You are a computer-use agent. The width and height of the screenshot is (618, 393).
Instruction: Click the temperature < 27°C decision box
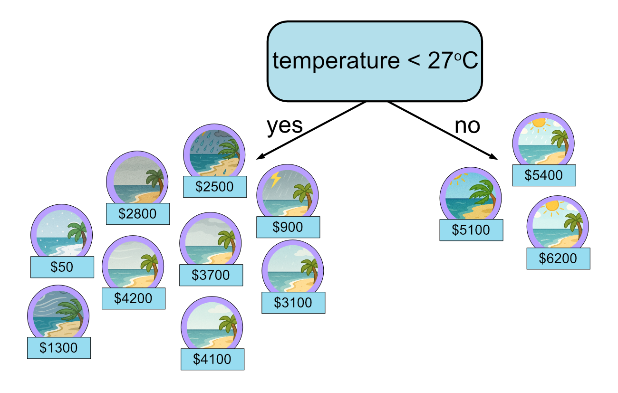click(375, 61)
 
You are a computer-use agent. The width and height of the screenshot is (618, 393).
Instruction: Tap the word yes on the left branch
click(284, 125)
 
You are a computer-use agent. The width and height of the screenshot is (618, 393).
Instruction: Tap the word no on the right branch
click(467, 126)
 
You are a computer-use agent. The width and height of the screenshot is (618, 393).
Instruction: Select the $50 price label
click(62, 267)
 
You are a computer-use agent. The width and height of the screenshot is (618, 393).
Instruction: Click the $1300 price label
click(59, 348)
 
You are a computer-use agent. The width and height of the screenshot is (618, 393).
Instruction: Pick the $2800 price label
click(138, 214)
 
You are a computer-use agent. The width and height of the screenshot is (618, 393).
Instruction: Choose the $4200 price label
click(134, 298)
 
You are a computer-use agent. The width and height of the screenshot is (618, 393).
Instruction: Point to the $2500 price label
click(215, 187)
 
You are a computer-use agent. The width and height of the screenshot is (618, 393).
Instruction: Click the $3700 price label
click(211, 275)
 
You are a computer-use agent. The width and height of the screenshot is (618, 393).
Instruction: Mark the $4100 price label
click(212, 359)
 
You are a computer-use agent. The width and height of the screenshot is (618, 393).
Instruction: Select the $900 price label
click(288, 227)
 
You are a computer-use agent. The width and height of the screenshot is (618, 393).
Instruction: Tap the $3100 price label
click(293, 303)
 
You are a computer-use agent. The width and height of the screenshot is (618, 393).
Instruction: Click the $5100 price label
click(471, 230)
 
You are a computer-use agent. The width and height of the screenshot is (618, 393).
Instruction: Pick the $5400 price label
click(544, 175)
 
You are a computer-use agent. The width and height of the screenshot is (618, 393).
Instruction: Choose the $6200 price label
click(558, 259)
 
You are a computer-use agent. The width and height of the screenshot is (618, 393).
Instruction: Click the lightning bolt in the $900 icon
click(275, 180)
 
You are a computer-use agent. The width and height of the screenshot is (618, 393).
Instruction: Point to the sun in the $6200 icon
click(552, 206)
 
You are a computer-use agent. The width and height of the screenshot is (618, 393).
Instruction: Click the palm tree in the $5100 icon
click(484, 194)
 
